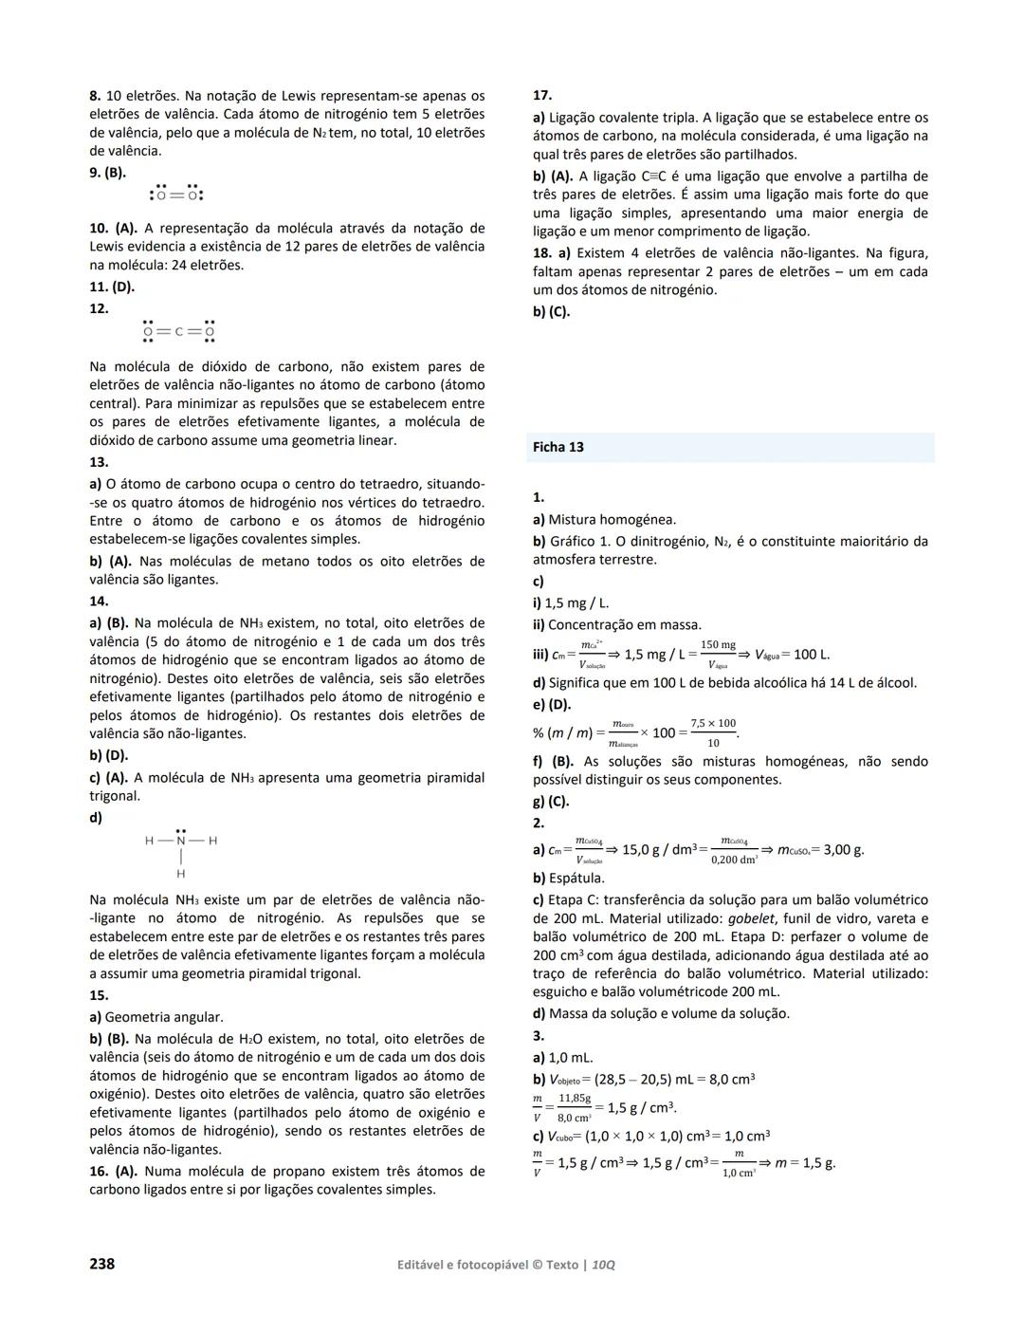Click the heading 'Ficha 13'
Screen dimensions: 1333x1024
[558, 448]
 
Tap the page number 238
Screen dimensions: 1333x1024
[102, 1264]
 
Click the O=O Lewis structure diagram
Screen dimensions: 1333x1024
[177, 194]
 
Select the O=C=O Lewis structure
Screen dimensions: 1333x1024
[178, 331]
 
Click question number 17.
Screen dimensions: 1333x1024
[542, 96]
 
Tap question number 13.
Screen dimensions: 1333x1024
[99, 462]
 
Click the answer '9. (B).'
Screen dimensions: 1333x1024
[108, 173]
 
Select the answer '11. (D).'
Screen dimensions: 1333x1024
[112, 287]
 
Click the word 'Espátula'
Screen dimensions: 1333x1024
[576, 878]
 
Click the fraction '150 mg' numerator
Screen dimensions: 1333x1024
[718, 645]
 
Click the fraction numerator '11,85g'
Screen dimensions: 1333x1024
[575, 1098]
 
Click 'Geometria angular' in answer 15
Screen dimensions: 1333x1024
[163, 1017]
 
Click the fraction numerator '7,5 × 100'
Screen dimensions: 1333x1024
[713, 723]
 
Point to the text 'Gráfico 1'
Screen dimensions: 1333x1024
[579, 541]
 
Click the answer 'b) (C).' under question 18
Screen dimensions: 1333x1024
[551, 311]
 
